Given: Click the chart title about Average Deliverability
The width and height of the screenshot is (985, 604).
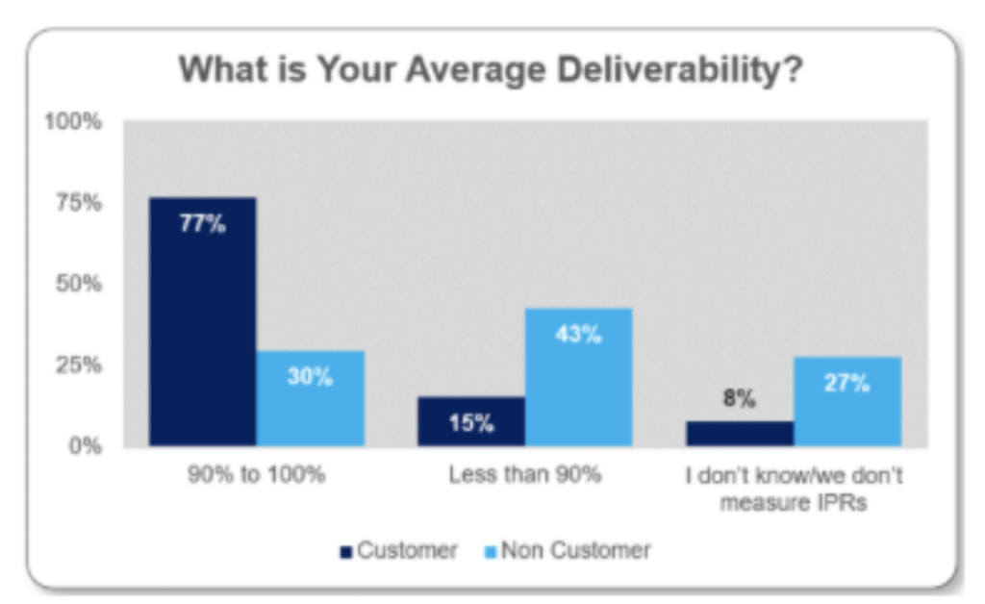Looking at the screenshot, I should [491, 71].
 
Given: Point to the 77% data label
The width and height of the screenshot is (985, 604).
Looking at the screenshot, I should [202, 226].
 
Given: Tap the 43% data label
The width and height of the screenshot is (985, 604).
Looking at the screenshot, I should [578, 335].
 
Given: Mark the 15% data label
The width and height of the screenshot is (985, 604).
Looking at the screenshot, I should [470, 423].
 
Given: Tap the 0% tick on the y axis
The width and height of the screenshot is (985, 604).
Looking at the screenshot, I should [81, 445].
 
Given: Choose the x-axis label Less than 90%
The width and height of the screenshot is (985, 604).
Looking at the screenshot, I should [524, 476].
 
